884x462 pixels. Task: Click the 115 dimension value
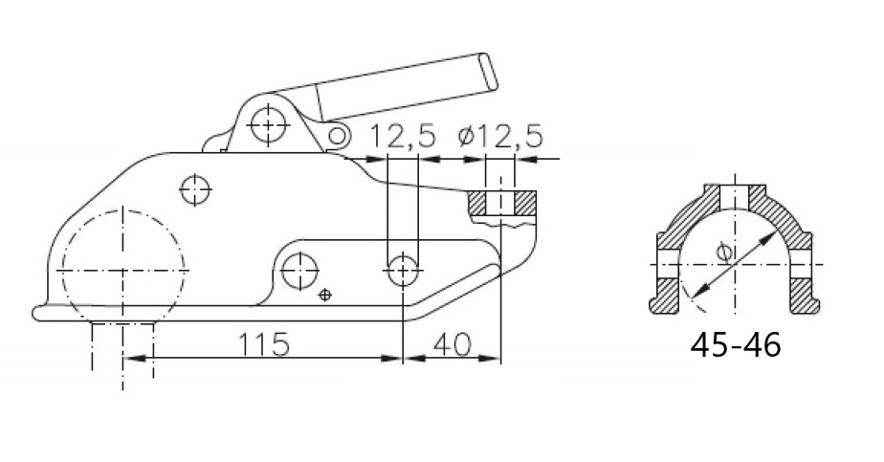(264, 344)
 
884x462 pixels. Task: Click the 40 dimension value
(452, 344)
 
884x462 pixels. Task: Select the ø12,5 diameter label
(500, 137)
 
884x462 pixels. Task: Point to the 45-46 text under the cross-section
(736, 344)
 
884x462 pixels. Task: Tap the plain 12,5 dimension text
(403, 137)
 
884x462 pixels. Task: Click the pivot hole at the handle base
(269, 124)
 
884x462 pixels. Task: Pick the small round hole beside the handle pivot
(337, 136)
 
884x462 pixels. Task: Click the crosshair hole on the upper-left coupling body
(195, 190)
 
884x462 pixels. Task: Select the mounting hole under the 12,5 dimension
(403, 271)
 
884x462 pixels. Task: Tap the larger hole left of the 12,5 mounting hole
(300, 271)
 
